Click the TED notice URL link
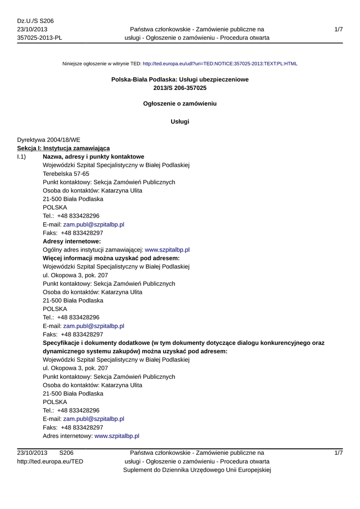(220, 64)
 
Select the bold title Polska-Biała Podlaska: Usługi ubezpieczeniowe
(180, 80)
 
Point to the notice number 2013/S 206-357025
(180, 88)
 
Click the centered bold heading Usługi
(180, 122)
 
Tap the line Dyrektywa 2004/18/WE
(49, 140)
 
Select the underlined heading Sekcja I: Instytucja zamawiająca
(63, 149)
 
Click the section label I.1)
(21, 157)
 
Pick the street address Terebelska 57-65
(66, 174)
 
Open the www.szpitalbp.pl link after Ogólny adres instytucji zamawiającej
(167, 250)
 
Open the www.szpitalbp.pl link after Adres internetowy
(117, 436)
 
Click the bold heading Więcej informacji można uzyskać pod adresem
(111, 258)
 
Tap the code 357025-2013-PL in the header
(40, 38)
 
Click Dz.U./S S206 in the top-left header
(35, 21)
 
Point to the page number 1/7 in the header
(339, 30)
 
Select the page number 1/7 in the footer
(339, 453)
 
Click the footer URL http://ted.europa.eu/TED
(50, 462)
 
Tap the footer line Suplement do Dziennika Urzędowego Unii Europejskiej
(197, 470)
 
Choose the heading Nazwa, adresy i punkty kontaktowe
(93, 157)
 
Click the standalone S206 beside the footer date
(66, 453)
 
